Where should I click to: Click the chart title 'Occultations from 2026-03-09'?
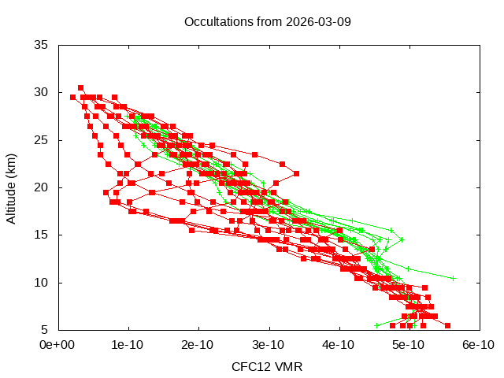click(267, 21)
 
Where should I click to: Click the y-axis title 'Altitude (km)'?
click(11, 187)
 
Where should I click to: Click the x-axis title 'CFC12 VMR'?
click(267, 366)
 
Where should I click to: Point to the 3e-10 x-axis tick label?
click(269, 344)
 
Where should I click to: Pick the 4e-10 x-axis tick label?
click(339, 344)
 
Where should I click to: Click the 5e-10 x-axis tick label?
click(409, 344)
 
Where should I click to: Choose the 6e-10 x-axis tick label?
click(477, 344)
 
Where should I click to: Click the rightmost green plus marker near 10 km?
click(453, 277)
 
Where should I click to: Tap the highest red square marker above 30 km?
click(80, 87)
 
